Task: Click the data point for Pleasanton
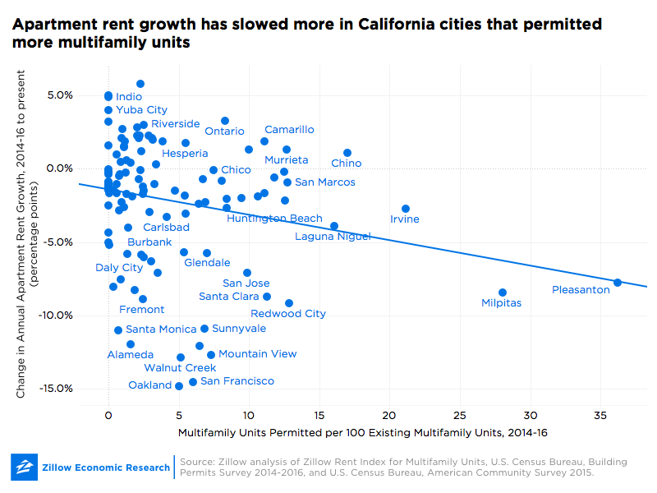tap(618, 283)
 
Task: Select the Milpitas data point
tap(503, 293)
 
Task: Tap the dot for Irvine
tap(406, 209)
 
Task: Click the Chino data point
tap(347, 153)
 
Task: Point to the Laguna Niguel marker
tap(334, 226)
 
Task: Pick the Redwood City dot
tap(289, 303)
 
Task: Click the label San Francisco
tap(237, 381)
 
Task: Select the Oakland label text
tap(150, 385)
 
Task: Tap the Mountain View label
tap(257, 354)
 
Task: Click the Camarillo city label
tap(289, 130)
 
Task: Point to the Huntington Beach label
tap(274, 219)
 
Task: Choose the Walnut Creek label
tap(180, 368)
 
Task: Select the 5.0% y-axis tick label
tap(59, 95)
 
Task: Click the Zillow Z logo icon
tap(25, 468)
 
